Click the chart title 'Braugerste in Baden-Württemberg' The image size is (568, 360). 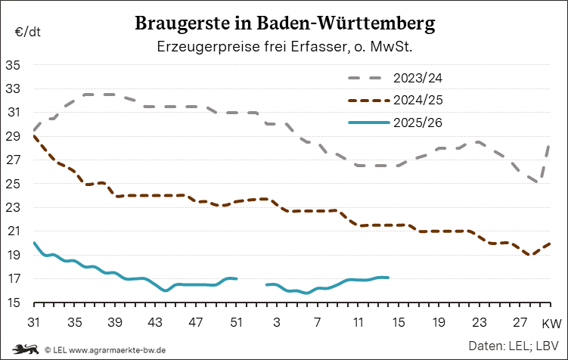(284, 23)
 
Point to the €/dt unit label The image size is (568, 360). (27, 32)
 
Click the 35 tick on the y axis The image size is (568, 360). (13, 65)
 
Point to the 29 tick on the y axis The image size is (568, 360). (13, 136)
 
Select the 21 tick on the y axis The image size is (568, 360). (13, 231)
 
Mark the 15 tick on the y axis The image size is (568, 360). (13, 303)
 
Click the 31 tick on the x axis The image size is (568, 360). (34, 322)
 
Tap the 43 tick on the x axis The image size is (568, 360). (155, 322)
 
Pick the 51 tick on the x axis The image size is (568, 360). (236, 322)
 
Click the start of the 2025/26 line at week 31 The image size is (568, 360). (35, 244)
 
